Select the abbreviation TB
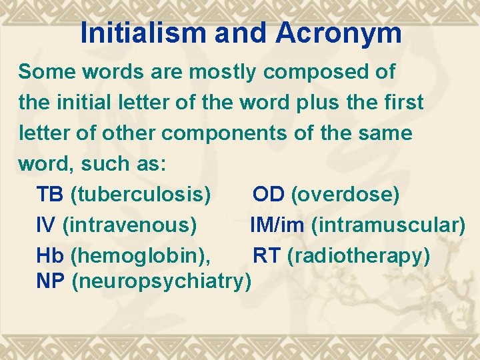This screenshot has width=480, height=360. pyautogui.click(x=50, y=195)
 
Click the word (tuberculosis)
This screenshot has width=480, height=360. pyautogui.click(x=141, y=195)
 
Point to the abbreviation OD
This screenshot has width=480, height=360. pyautogui.click(x=268, y=195)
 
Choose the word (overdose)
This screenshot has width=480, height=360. pyautogui.click(x=345, y=195)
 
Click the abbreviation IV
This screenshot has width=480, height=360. pyautogui.click(x=46, y=225)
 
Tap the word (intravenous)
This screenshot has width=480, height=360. pyautogui.click(x=129, y=225)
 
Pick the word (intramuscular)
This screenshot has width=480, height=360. pyautogui.click(x=388, y=225)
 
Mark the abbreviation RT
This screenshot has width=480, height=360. pyautogui.click(x=267, y=255)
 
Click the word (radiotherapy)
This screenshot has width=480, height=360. pyautogui.click(x=359, y=255)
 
